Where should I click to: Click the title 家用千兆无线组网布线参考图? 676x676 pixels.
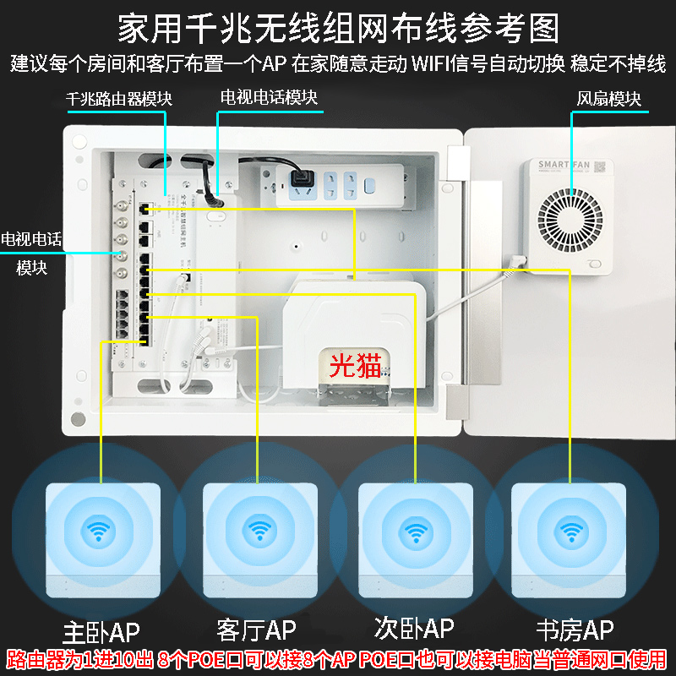338,28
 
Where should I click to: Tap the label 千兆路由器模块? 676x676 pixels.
119,99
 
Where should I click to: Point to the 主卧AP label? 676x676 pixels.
101,630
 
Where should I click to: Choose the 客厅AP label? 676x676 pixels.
256,630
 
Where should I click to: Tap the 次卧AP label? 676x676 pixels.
414,628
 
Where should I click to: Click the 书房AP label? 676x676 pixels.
575,630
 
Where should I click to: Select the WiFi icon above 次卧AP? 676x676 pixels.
414,530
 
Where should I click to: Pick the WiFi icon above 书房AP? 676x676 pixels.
572,530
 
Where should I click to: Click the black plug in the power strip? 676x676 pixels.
300,180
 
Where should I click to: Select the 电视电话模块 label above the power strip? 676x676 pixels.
269,98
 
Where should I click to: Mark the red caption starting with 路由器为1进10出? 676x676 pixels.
338,659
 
